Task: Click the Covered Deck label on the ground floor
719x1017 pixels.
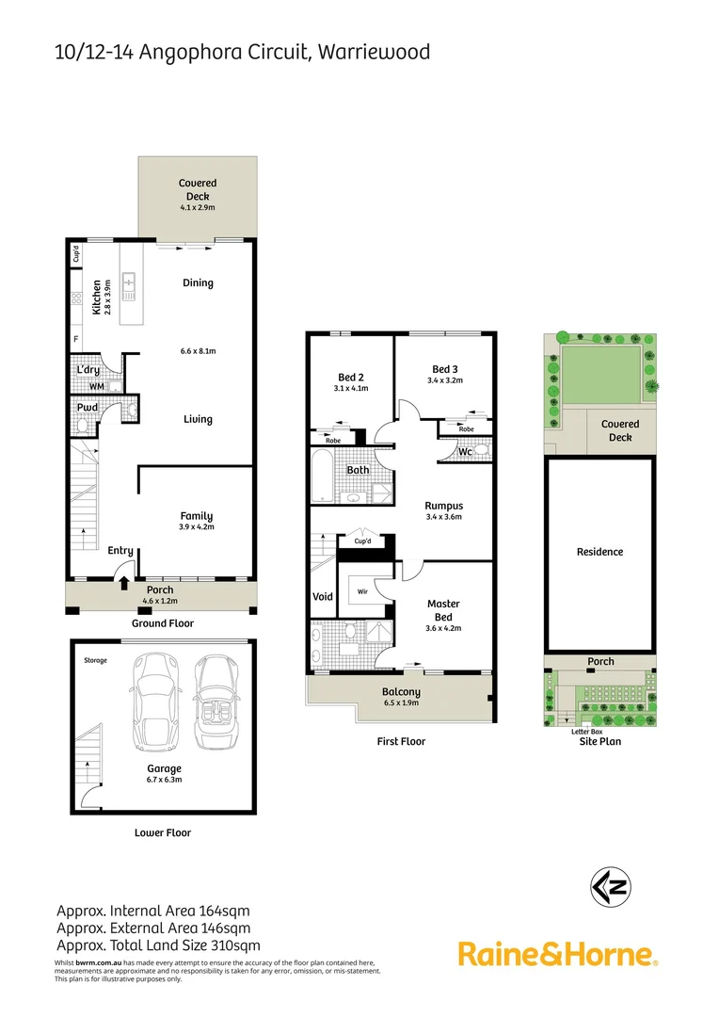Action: click(x=198, y=189)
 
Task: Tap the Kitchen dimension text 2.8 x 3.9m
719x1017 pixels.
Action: click(x=108, y=297)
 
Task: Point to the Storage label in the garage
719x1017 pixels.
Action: click(x=95, y=660)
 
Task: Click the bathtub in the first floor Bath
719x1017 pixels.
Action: click(x=322, y=476)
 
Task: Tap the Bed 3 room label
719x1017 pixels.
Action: click(x=445, y=368)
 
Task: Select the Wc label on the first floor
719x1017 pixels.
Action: click(x=464, y=452)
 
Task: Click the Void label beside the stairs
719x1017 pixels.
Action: click(x=322, y=596)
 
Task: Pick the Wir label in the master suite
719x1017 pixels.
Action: click(x=361, y=592)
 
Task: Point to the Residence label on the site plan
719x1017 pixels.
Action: click(x=599, y=552)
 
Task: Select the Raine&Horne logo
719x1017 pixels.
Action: click(x=557, y=954)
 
